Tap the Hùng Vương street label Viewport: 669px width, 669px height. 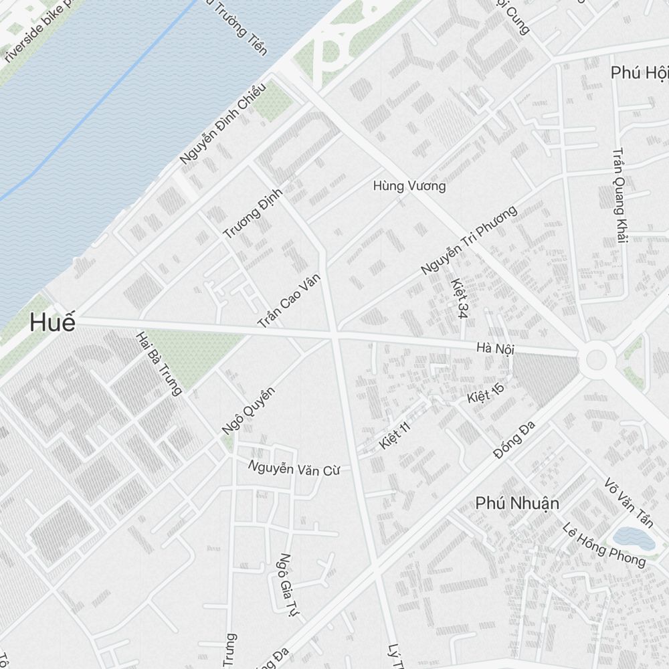pyautogui.click(x=409, y=186)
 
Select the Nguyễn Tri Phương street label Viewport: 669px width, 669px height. pyautogui.click(x=469, y=241)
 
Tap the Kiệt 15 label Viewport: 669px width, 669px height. pyautogui.click(x=486, y=393)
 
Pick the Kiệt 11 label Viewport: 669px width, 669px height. pyautogui.click(x=394, y=436)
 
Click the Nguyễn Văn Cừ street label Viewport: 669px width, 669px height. pyautogui.click(x=294, y=468)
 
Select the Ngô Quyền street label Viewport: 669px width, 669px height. pyautogui.click(x=249, y=409)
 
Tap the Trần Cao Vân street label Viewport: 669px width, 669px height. pyautogui.click(x=290, y=300)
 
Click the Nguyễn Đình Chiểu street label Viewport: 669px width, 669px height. pyautogui.click(x=223, y=124)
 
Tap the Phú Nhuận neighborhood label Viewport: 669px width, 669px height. pyautogui.click(x=517, y=503)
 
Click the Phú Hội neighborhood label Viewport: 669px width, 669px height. pyautogui.click(x=639, y=73)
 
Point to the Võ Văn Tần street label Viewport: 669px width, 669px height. pyautogui.click(x=628, y=502)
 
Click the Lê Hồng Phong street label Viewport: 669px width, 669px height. pyautogui.click(x=604, y=544)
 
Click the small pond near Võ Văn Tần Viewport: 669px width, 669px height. pyautogui.click(x=633, y=537)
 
